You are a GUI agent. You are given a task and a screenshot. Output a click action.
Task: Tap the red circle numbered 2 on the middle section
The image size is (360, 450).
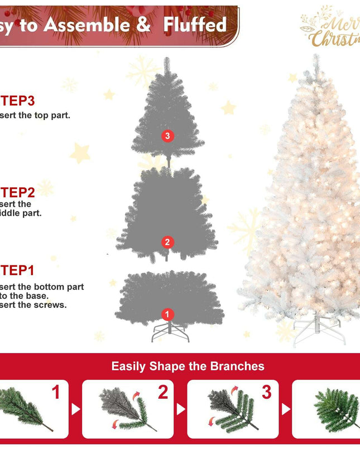(167, 241)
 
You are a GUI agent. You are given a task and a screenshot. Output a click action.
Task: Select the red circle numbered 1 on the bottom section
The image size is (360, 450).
(167, 314)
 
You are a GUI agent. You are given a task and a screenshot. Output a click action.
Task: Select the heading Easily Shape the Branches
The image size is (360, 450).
(188, 366)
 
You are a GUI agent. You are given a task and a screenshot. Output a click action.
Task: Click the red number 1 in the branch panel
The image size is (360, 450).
(56, 393)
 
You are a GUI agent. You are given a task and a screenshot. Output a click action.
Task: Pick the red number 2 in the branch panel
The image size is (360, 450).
(162, 393)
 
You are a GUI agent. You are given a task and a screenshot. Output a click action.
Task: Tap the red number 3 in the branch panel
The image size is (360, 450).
(267, 393)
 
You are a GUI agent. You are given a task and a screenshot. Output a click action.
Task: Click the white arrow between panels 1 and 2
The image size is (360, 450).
(75, 409)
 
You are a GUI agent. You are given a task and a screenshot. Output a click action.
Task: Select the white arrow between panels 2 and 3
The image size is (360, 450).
(180, 409)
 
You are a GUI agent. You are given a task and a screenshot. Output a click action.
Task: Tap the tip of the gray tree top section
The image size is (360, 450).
(166, 60)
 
